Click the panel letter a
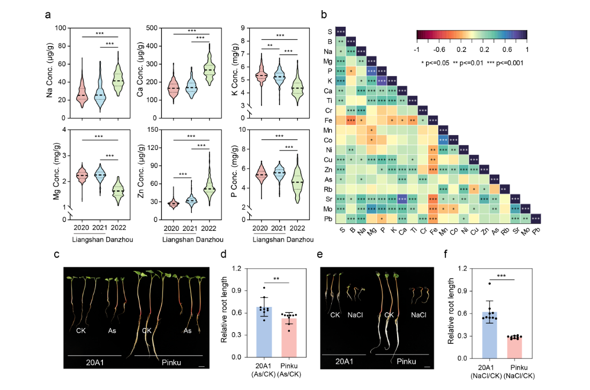pyautogui.click(x=48, y=16)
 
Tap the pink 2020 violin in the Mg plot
pyautogui.click(x=83, y=176)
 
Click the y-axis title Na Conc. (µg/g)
pyautogui.click(x=51, y=72)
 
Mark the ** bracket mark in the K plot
pyautogui.click(x=271, y=46)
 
